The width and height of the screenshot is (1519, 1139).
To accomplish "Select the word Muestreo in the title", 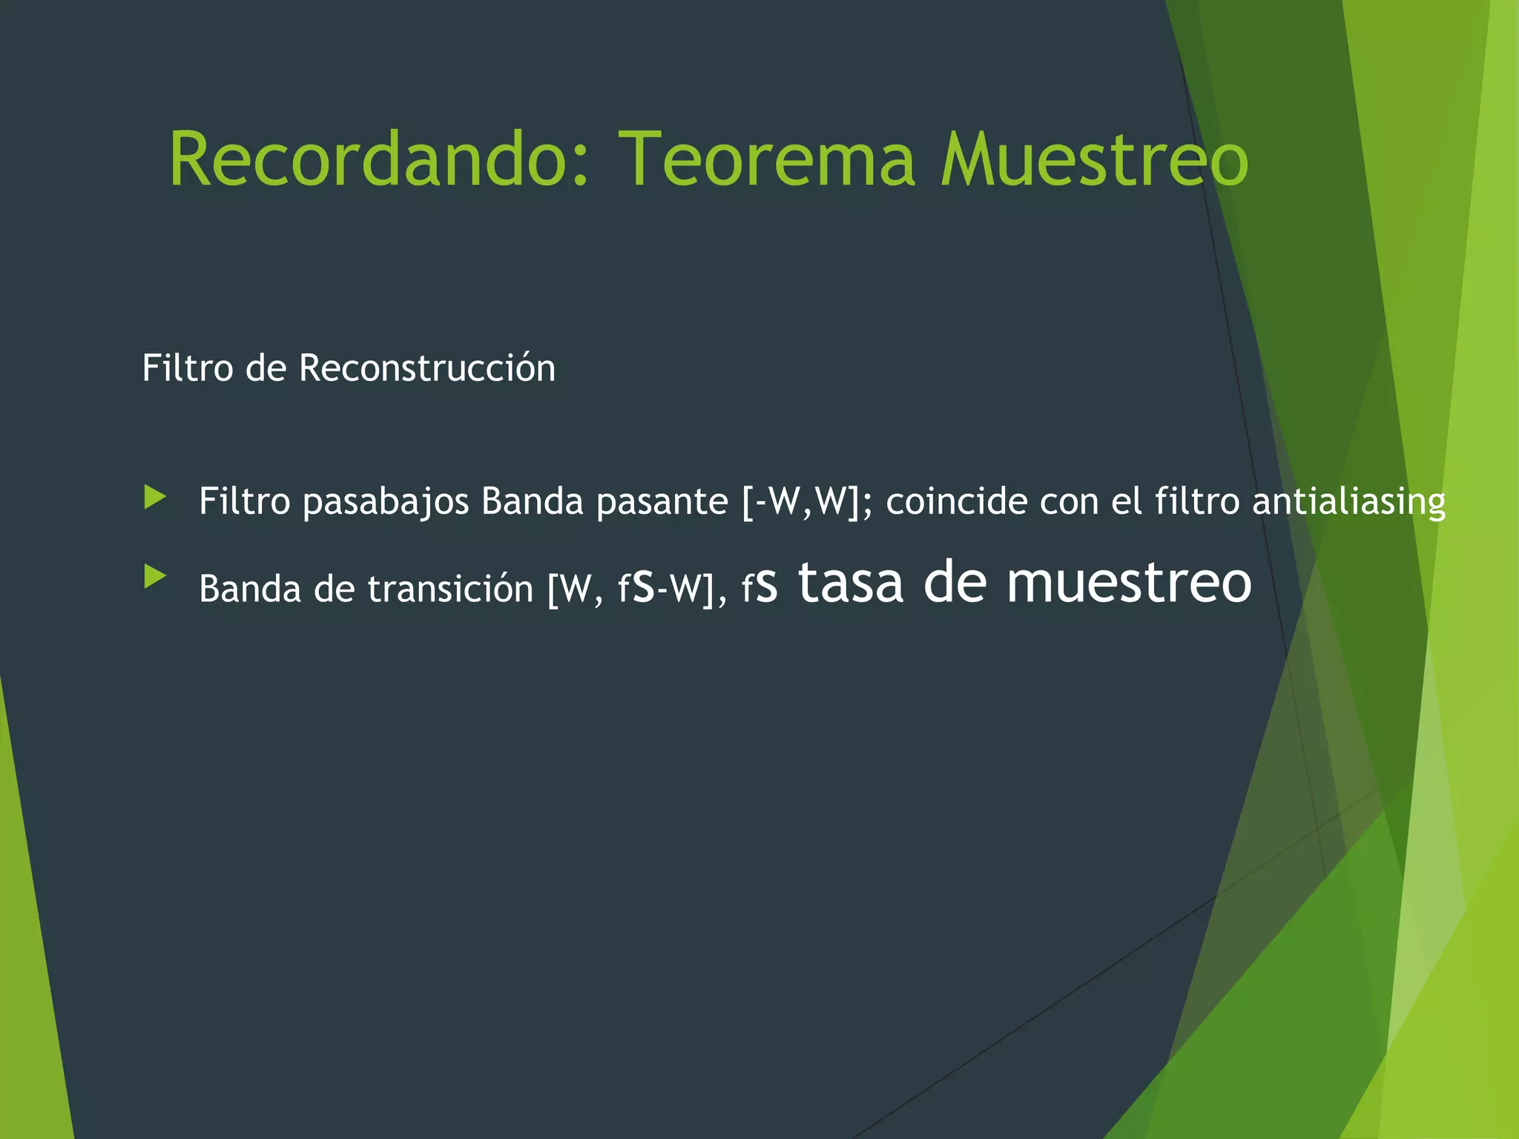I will tap(1095, 159).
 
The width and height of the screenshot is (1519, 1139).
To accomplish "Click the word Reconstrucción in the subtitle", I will tap(427, 368).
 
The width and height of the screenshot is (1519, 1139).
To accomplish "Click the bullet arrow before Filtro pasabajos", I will tap(155, 497).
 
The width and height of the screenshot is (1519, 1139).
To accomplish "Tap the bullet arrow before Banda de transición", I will tap(155, 576).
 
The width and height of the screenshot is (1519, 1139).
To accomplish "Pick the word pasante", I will tap(662, 501).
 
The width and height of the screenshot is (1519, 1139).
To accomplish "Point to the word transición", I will tap(450, 589).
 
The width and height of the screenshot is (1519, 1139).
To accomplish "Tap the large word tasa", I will tap(851, 583).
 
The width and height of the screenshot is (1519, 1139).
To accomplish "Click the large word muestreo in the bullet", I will tap(1129, 583).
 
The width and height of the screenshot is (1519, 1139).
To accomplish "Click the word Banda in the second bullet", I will tap(250, 589).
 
